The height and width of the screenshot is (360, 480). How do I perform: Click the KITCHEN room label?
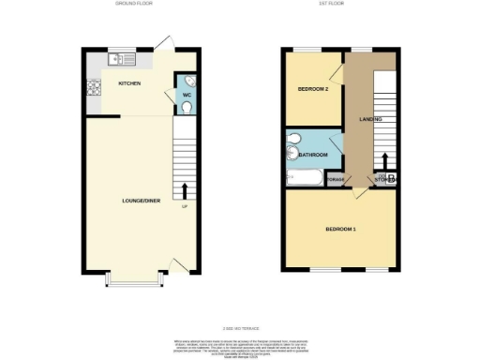[x=129, y=84]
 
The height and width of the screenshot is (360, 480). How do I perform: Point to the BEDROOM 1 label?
[x=340, y=230]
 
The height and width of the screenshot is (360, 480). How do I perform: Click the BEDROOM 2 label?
[x=312, y=90]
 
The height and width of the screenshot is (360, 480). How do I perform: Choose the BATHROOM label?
[x=313, y=155]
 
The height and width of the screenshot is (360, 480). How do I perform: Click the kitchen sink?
[x=122, y=60]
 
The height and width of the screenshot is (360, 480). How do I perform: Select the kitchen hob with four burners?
[x=94, y=90]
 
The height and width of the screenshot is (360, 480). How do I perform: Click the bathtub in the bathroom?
[x=304, y=177]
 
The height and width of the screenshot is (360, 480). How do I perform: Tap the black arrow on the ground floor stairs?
[x=184, y=191]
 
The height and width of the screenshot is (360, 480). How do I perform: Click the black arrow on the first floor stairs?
[x=382, y=160]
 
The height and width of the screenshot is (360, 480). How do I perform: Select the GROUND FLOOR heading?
[x=133, y=4]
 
